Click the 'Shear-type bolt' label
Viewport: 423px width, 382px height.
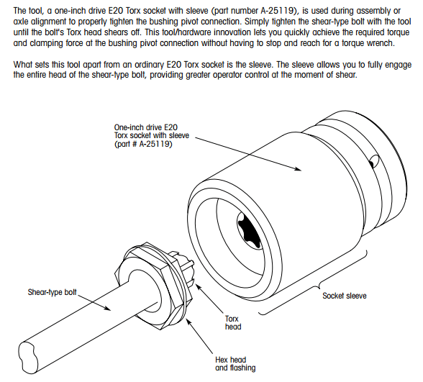[x=52, y=292]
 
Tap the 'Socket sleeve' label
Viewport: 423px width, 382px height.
[x=345, y=296]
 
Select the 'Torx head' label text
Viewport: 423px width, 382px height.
[x=233, y=322]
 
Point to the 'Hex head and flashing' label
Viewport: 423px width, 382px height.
[x=235, y=364]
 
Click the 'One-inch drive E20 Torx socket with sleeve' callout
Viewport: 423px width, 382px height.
[x=151, y=135]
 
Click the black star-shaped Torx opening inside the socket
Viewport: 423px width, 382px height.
[x=249, y=229]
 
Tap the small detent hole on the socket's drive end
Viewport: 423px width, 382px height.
[x=373, y=162]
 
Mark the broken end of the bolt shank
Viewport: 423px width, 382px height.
[x=28, y=358]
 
